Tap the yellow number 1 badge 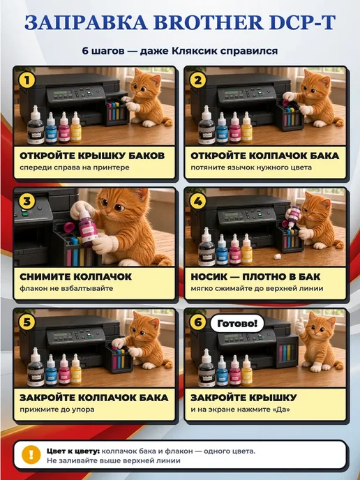click(27, 80)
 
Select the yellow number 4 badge click(197, 201)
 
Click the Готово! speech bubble click(237, 323)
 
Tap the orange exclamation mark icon click(31, 455)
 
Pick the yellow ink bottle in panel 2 click(247, 127)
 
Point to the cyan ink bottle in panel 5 click(51, 370)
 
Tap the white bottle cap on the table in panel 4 click(278, 256)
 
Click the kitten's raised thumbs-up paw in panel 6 click(300, 326)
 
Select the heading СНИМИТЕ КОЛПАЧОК click(75, 276)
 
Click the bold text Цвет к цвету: click(73, 451)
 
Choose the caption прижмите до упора click(57, 410)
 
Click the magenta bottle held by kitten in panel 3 click(87, 227)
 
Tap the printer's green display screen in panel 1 click(60, 92)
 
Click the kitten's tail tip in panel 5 click(168, 365)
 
